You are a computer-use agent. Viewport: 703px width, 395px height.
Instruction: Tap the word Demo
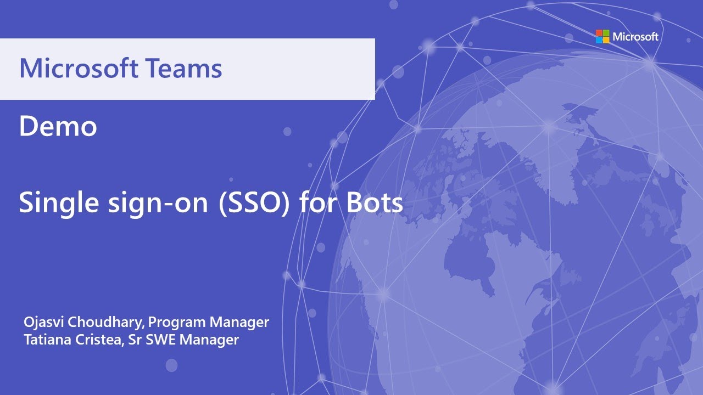[58, 127]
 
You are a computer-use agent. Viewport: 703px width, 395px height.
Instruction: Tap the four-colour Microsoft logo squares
[602, 37]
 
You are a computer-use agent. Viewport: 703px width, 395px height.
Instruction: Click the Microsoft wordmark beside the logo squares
[635, 37]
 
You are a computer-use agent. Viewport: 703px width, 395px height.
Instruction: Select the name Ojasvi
[42, 322]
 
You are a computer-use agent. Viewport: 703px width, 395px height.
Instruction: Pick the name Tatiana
[45, 340]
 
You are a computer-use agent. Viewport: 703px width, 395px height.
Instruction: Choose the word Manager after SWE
[209, 340]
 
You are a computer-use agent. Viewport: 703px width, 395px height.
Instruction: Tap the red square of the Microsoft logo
[599, 33]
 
